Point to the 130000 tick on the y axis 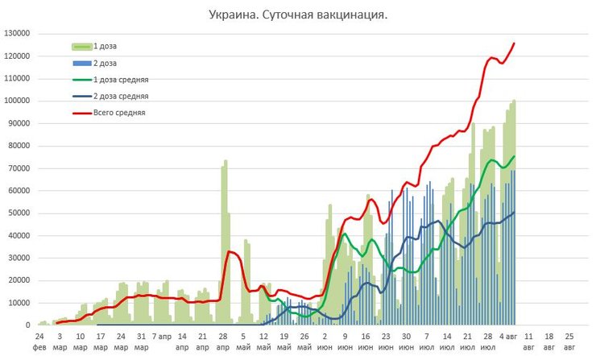(17, 34)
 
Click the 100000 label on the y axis (17, 101)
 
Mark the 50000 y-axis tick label (19, 213)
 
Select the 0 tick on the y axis (27, 325)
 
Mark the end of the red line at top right (514, 43)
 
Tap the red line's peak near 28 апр (230, 252)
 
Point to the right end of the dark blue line (514, 212)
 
